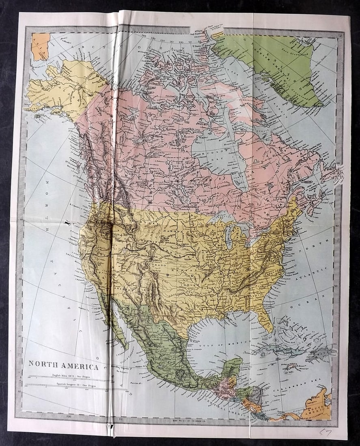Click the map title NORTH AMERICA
point(63,367)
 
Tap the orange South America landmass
point(319,405)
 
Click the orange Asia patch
point(41,46)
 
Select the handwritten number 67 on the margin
point(325,432)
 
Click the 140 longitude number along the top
point(143,36)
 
